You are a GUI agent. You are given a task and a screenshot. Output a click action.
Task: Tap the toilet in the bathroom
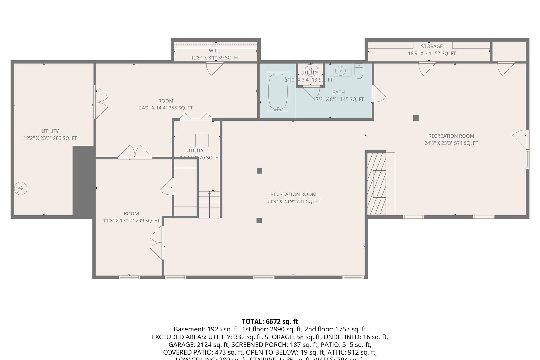pyautogui.click(x=359, y=72)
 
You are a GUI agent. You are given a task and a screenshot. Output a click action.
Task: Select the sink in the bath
pyautogui.click(x=341, y=70)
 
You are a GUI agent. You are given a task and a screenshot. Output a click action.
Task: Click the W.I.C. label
pyautogui.click(x=215, y=51)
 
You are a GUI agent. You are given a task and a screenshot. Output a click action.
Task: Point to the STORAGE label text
pyautogui.click(x=432, y=46)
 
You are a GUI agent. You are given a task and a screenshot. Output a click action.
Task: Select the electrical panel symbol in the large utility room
pyautogui.click(x=21, y=189)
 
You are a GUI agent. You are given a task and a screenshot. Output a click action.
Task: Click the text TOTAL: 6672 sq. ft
pyautogui.click(x=270, y=321)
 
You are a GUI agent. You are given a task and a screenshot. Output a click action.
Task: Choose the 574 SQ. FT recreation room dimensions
pyautogui.click(x=451, y=143)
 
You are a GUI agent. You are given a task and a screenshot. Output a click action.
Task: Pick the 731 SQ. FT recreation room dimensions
pyautogui.click(x=293, y=201)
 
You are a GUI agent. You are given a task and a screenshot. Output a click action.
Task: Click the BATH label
pyautogui.click(x=338, y=92)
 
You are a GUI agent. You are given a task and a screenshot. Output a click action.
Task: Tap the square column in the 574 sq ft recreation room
pyautogui.click(x=416, y=118)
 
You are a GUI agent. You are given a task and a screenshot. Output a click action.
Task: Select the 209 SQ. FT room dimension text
pyautogui.click(x=131, y=221)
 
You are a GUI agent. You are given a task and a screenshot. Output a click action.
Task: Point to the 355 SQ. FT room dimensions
pyautogui.click(x=166, y=108)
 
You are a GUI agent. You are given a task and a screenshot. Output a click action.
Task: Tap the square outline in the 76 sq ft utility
pyautogui.click(x=202, y=140)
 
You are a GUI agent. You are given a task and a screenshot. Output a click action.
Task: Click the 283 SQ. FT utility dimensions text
pyautogui.click(x=50, y=138)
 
